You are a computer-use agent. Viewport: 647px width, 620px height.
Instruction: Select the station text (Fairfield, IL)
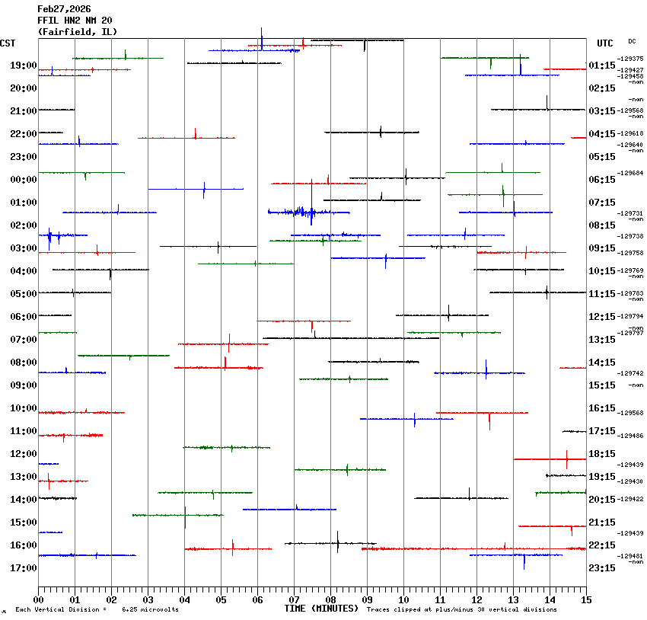pyautogui.click(x=77, y=32)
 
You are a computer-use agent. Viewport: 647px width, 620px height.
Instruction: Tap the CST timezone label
pyautogui.click(x=9, y=43)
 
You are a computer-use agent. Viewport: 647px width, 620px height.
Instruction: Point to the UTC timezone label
pyautogui.click(x=605, y=43)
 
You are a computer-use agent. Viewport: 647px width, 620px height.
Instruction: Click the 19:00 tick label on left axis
pyautogui.click(x=24, y=66)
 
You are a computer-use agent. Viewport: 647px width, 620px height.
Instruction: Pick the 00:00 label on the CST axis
pyautogui.click(x=24, y=180)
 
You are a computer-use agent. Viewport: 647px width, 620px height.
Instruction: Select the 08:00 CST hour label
pyautogui.click(x=24, y=363)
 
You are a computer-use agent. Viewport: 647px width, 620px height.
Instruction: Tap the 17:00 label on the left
pyautogui.click(x=24, y=568)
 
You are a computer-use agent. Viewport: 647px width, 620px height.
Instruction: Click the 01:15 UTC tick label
pyautogui.click(x=602, y=66)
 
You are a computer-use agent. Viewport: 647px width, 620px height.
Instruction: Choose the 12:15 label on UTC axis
pyautogui.click(x=602, y=317)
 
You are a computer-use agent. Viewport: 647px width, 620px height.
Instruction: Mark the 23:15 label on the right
pyautogui.click(x=602, y=568)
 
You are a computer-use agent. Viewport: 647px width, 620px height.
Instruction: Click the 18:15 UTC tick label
pyautogui.click(x=602, y=454)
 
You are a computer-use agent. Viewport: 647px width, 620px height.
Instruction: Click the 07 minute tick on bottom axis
pyautogui.click(x=294, y=599)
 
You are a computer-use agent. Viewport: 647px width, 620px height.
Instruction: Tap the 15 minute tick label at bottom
pyautogui.click(x=585, y=599)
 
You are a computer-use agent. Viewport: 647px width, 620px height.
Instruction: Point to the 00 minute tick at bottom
pyautogui.click(x=38, y=599)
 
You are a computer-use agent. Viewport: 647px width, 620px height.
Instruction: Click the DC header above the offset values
pyautogui.click(x=632, y=41)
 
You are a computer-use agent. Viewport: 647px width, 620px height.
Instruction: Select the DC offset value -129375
pyautogui.click(x=630, y=59)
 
